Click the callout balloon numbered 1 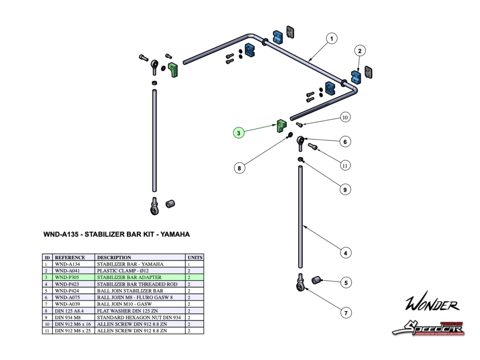[331, 38]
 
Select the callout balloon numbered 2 [360, 51]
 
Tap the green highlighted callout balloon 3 [239, 133]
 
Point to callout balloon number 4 [345, 253]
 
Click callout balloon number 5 [345, 283]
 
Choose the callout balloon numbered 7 [345, 312]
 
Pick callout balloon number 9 [345, 190]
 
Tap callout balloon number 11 [345, 165]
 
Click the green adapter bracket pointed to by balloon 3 [281, 126]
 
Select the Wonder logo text [432, 304]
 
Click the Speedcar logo [427, 328]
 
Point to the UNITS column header [195, 257]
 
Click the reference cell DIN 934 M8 [67, 317]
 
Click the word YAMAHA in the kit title [175, 234]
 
